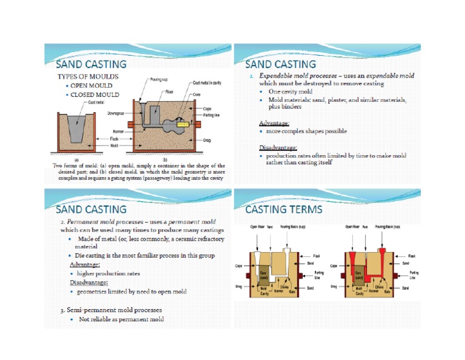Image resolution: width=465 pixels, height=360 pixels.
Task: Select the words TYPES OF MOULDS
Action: pyautogui.click(x=87, y=77)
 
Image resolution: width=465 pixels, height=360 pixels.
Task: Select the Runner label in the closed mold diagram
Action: pyautogui.click(x=119, y=130)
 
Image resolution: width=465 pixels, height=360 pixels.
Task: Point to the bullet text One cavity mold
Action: pyautogui.click(x=286, y=92)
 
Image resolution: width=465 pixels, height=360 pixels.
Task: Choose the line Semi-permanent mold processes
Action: pyautogui.click(x=108, y=310)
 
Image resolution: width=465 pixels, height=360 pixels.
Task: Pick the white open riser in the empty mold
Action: pyautogui.click(x=258, y=257)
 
